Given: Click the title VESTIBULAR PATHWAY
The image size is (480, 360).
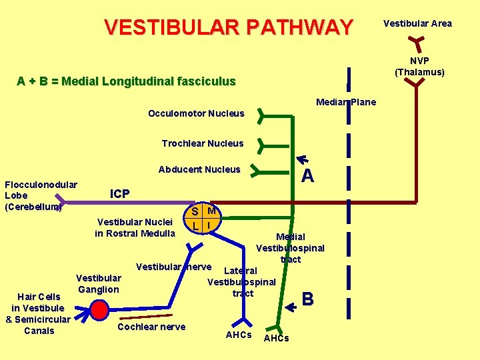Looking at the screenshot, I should tap(229, 27).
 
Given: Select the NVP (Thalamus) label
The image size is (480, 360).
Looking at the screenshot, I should tap(419, 66).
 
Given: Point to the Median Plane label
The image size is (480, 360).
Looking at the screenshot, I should tap(346, 102).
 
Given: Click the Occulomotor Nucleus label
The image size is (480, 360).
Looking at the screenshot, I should tap(196, 113).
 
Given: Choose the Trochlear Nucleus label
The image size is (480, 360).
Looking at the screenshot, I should tap(203, 143).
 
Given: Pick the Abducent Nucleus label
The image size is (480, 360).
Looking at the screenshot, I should tap(199, 169).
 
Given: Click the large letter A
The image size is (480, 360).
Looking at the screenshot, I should tap(307, 176).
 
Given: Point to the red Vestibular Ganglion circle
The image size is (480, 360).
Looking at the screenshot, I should tap(99, 310).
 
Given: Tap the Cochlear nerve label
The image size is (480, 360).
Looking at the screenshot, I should tap(151, 327).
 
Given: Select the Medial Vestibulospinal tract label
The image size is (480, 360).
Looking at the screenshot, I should tap(291, 248).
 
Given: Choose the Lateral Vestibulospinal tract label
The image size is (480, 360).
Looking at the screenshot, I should tap(241, 281).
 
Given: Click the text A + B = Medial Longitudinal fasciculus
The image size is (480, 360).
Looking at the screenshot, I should tap(127, 81).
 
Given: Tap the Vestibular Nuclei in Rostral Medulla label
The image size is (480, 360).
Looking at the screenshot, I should tap(136, 227).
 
